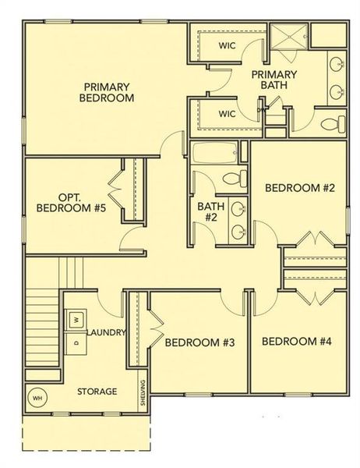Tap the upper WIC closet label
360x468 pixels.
click(x=227, y=44)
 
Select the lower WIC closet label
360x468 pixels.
click(x=227, y=114)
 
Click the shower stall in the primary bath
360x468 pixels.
click(x=289, y=39)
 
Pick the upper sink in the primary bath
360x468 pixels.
click(x=337, y=66)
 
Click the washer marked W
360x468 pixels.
click(x=76, y=319)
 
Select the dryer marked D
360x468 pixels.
click(x=76, y=342)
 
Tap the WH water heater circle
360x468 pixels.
click(x=37, y=397)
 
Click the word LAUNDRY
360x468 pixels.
click(x=107, y=333)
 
